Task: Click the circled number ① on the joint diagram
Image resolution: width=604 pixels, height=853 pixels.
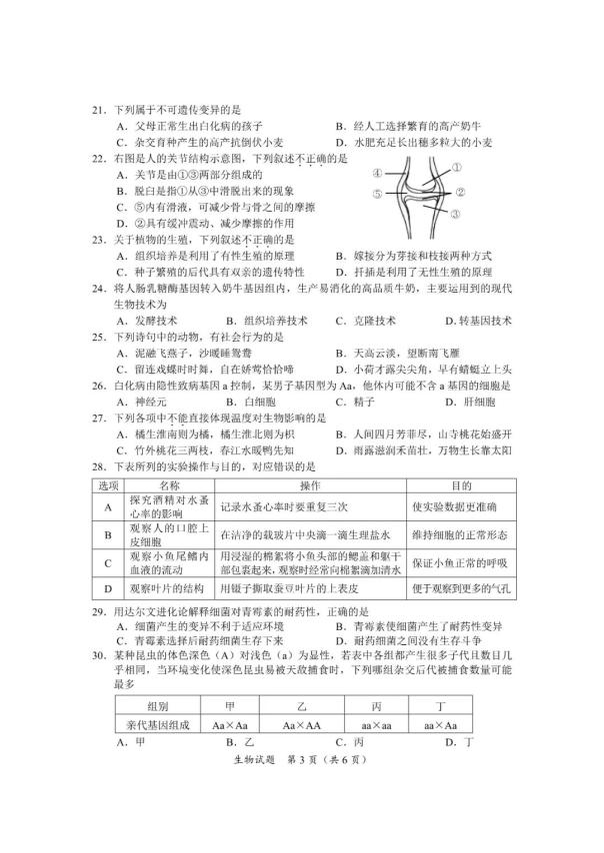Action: click(x=456, y=167)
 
